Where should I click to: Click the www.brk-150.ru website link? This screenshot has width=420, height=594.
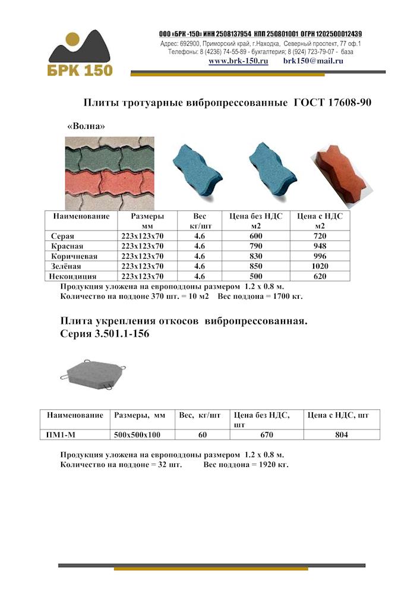(x=238, y=61)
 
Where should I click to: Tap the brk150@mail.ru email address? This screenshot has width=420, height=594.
(x=314, y=61)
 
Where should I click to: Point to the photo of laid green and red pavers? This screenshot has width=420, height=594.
(x=109, y=173)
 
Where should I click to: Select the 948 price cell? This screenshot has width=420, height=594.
(x=320, y=246)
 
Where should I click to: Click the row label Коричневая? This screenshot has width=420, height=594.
(x=74, y=256)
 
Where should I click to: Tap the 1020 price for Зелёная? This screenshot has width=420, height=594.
(x=320, y=266)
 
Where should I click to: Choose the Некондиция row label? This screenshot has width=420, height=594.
(x=74, y=276)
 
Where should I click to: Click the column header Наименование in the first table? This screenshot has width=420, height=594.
(x=81, y=216)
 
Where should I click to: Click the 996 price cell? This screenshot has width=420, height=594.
(x=320, y=256)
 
